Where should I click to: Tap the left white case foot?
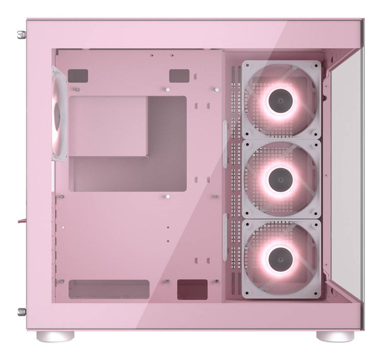[x=55, y=336]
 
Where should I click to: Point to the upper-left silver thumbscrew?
[x=21, y=34]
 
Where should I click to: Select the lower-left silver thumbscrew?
[x=21, y=311]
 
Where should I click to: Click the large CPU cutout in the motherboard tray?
[x=127, y=144]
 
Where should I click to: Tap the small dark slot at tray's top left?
[x=78, y=76]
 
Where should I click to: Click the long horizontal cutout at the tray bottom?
[x=108, y=289]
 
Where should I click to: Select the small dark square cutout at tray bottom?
[x=192, y=289]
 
